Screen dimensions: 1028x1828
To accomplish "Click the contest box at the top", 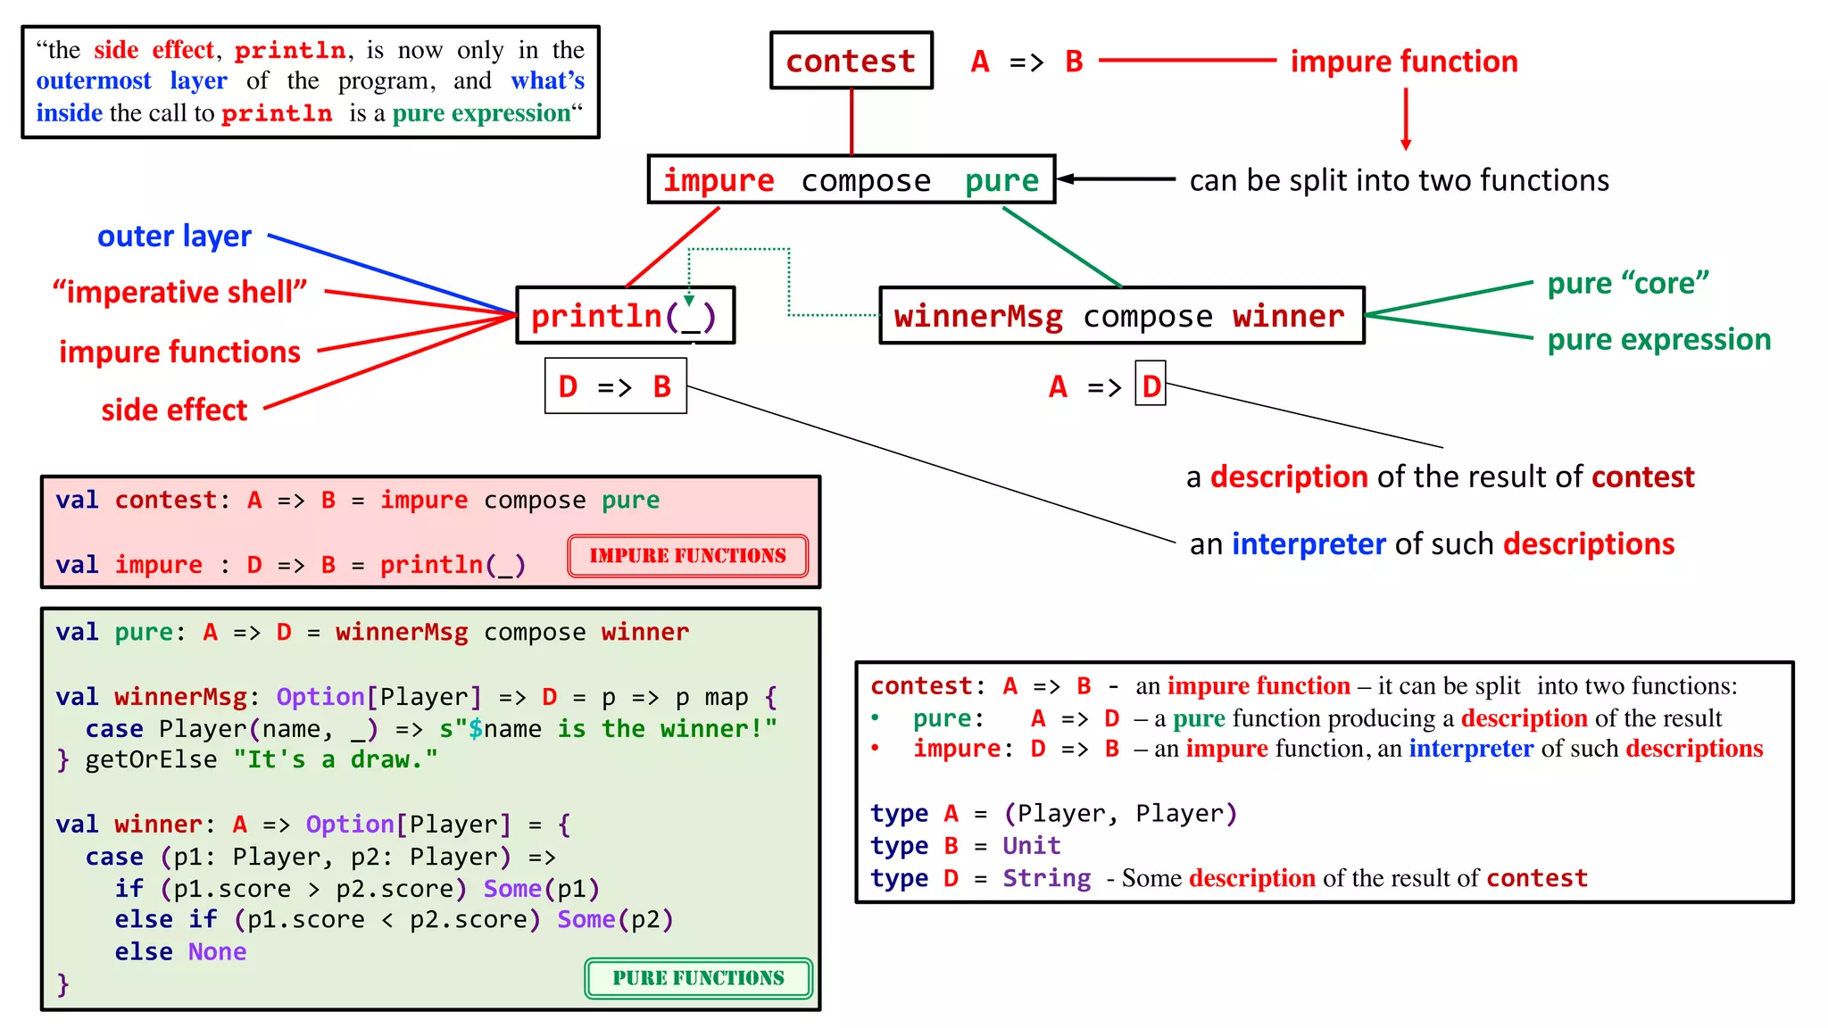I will pyautogui.click(x=851, y=61).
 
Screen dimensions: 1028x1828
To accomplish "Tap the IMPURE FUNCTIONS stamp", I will pyautogui.click(x=687, y=556).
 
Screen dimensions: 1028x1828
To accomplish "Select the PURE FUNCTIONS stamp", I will pyautogui.click(x=698, y=978).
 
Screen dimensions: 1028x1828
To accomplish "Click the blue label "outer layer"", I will pyautogui.click(x=174, y=236).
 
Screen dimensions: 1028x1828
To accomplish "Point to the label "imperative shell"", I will pyautogui.click(x=179, y=292).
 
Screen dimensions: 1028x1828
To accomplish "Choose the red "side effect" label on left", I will pyautogui.click(x=174, y=410).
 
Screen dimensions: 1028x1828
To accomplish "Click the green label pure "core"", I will pyautogui.click(x=1628, y=284).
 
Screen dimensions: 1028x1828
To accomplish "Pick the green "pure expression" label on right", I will pyautogui.click(x=1658, y=340).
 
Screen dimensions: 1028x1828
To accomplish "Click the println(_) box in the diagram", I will pyautogui.click(x=625, y=316).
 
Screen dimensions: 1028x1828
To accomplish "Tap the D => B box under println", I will pyautogui.click(x=615, y=386).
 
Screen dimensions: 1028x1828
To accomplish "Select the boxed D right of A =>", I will pyautogui.click(x=1151, y=385).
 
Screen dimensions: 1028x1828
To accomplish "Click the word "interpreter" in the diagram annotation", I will pyautogui.click(x=1309, y=544).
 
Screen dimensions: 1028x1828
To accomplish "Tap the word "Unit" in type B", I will pyautogui.click(x=1031, y=846).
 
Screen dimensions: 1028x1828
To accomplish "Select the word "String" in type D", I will pyautogui.click(x=1046, y=879).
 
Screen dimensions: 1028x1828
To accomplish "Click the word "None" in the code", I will pyautogui.click(x=217, y=952).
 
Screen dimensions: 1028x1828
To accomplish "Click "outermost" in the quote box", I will pyautogui.click(x=94, y=81).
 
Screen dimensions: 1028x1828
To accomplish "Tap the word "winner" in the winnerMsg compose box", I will pyautogui.click(x=1288, y=316).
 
